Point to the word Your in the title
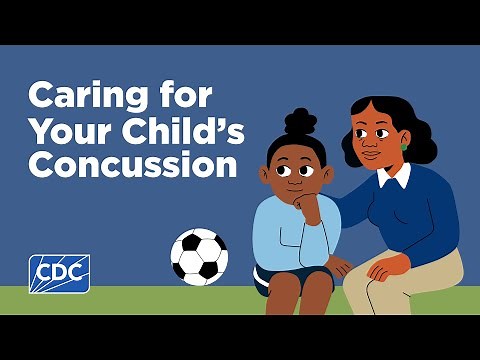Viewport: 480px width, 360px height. click(62, 131)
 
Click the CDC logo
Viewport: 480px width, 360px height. click(59, 271)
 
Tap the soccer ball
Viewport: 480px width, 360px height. click(200, 256)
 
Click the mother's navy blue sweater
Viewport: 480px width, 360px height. click(420, 215)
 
